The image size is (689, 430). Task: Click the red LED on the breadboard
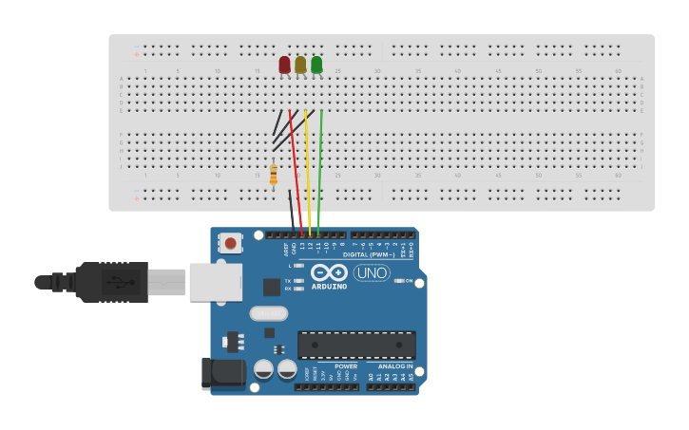(x=284, y=65)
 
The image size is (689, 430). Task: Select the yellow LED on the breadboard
(x=300, y=65)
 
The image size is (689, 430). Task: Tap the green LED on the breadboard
(x=316, y=65)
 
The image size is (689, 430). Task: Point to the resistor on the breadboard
(x=274, y=175)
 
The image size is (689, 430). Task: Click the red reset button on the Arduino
(x=230, y=243)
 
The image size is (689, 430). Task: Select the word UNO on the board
(x=372, y=273)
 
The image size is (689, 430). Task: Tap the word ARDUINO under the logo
(x=330, y=286)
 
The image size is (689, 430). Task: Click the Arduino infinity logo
(x=329, y=271)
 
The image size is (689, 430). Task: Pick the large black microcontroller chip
(x=356, y=345)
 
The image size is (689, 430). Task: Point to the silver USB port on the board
(x=215, y=282)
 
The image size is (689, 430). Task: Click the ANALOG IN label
(x=395, y=365)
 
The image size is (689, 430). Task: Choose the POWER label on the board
(x=346, y=365)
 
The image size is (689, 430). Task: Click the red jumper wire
(x=296, y=171)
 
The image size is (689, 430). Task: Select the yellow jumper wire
(x=308, y=171)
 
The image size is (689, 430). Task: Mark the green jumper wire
(x=321, y=171)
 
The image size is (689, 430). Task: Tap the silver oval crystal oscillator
(x=268, y=313)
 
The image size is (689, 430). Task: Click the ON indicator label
(x=410, y=281)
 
